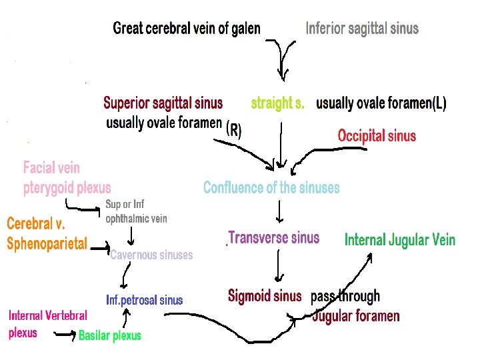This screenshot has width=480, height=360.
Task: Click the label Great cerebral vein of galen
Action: (x=187, y=28)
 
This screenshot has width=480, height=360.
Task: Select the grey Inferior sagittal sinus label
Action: (x=362, y=28)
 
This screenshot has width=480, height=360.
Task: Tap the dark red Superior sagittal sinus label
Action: (x=163, y=103)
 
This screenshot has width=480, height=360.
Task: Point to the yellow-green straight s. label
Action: (x=278, y=103)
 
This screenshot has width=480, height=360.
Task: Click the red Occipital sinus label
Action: (x=377, y=136)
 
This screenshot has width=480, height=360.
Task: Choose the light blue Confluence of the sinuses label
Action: (x=271, y=187)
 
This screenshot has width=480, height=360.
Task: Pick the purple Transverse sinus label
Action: (x=274, y=238)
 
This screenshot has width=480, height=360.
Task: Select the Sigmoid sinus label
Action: (x=265, y=295)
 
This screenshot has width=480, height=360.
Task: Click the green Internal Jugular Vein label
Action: (x=400, y=240)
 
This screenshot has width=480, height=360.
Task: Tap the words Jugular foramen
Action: (x=356, y=315)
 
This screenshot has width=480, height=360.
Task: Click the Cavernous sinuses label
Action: (x=151, y=255)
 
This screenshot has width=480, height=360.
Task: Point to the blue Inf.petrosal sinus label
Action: (x=144, y=300)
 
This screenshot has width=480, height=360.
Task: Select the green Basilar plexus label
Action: (x=110, y=335)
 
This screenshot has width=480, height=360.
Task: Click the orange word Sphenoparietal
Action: (x=47, y=244)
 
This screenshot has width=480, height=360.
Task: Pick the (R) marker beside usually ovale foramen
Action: (x=234, y=130)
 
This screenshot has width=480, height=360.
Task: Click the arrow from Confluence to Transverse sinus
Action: (x=279, y=211)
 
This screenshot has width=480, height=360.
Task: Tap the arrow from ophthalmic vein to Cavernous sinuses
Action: (x=131, y=235)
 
